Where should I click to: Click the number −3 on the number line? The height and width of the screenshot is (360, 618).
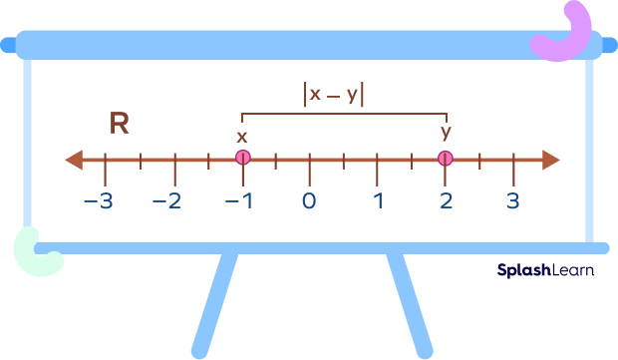(99, 200)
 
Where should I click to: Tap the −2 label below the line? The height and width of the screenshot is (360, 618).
(168, 200)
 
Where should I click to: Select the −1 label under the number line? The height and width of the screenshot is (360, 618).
(237, 200)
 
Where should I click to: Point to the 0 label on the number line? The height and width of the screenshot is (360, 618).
(309, 200)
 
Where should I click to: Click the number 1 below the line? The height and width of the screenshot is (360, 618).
(378, 200)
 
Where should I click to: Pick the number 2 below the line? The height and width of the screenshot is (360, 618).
(445, 200)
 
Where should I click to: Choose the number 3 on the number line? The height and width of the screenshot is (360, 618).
(512, 200)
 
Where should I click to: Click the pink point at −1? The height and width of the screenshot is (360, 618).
(242, 159)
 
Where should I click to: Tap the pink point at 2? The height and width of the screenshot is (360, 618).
(445, 159)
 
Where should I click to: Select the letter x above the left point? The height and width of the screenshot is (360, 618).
(242, 137)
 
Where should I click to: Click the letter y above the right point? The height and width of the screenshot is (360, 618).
(446, 133)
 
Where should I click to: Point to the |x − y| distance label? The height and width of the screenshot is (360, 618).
(334, 94)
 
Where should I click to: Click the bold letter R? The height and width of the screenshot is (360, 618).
(120, 124)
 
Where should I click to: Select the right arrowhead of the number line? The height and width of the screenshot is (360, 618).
(550, 160)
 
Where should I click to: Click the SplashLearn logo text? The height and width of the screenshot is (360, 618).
(544, 269)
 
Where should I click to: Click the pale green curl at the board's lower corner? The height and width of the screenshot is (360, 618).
(37, 251)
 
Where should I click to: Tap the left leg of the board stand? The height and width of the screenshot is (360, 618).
(214, 304)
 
